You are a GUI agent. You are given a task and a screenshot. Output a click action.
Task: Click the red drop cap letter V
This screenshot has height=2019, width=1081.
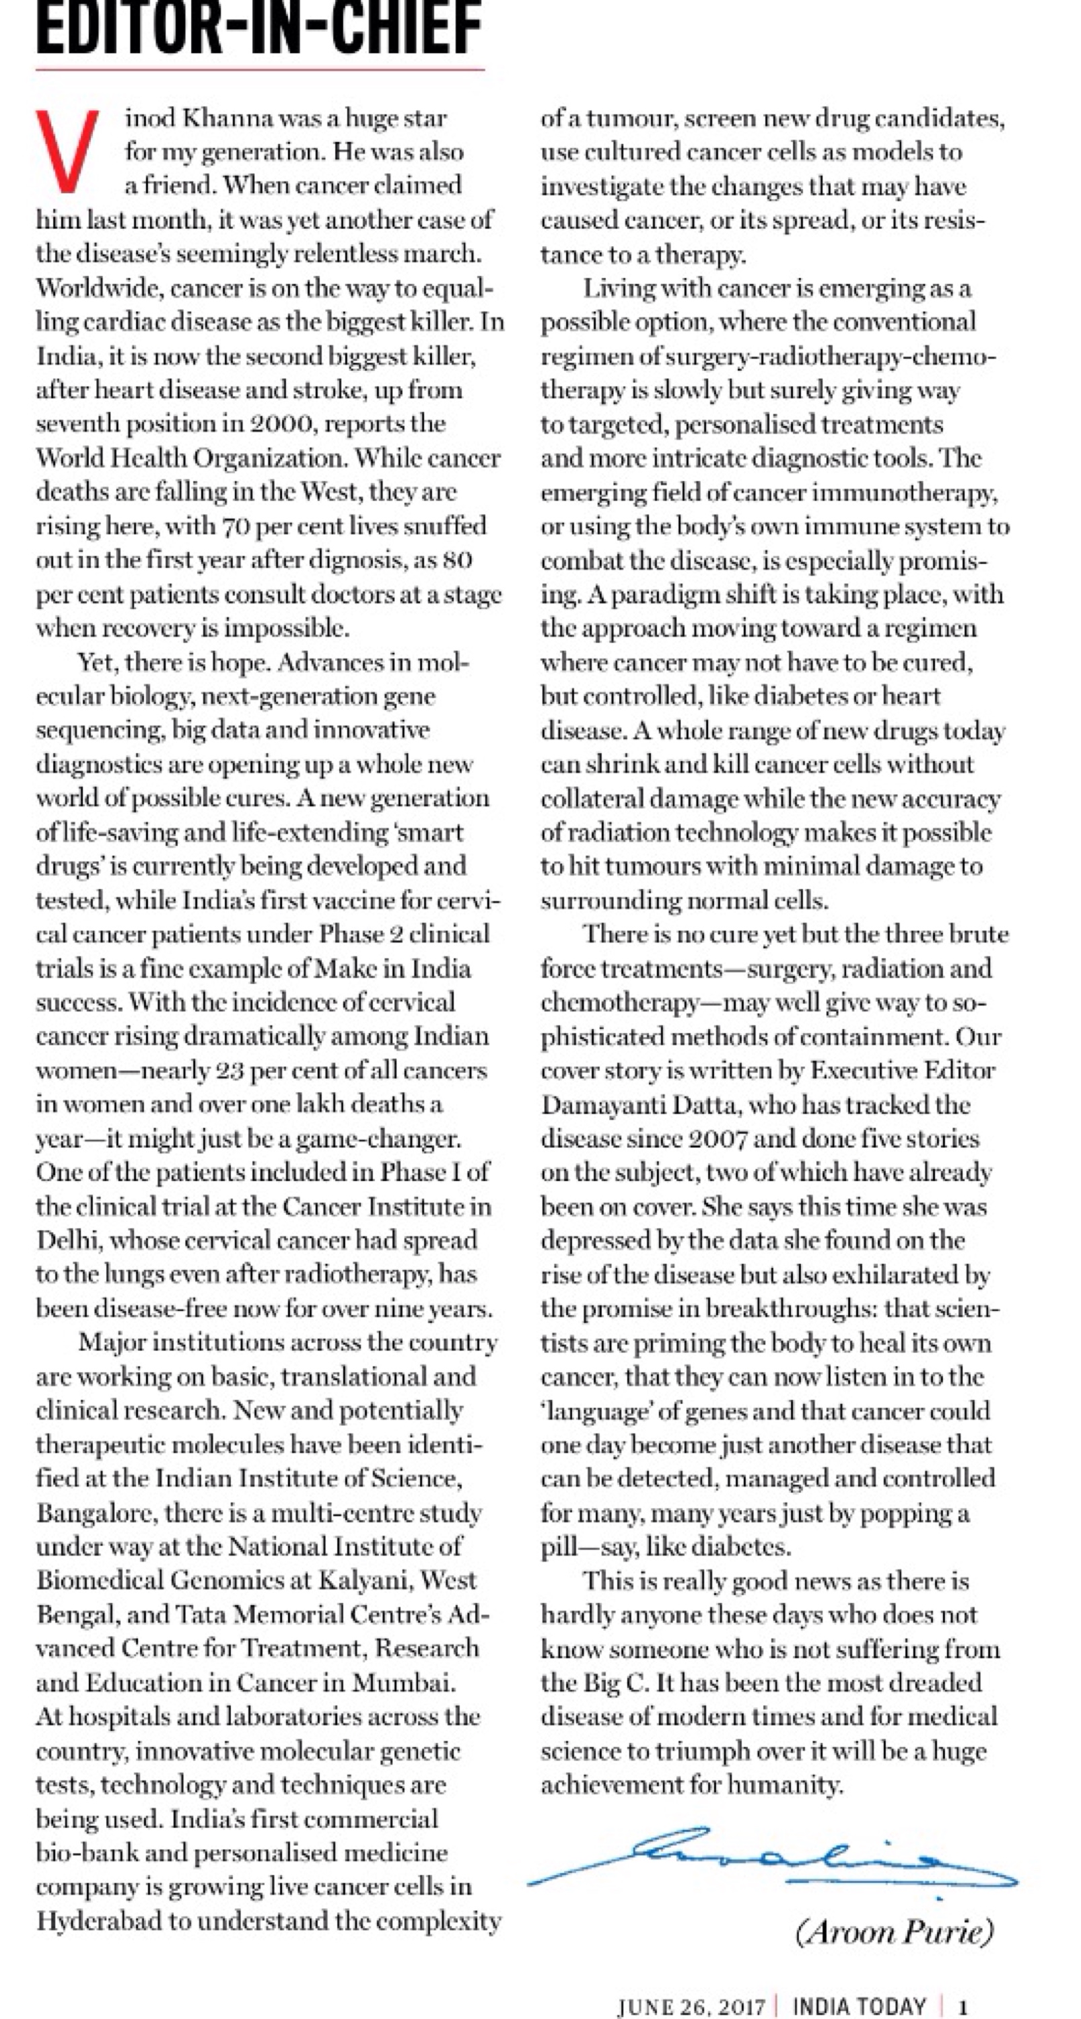(x=67, y=151)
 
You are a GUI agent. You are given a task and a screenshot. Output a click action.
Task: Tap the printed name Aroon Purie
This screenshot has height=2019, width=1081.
(x=894, y=1933)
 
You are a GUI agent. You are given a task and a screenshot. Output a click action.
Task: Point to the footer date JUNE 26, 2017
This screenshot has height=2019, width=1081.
(x=691, y=2006)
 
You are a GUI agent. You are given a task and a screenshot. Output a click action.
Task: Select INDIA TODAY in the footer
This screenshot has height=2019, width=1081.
(x=859, y=2006)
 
